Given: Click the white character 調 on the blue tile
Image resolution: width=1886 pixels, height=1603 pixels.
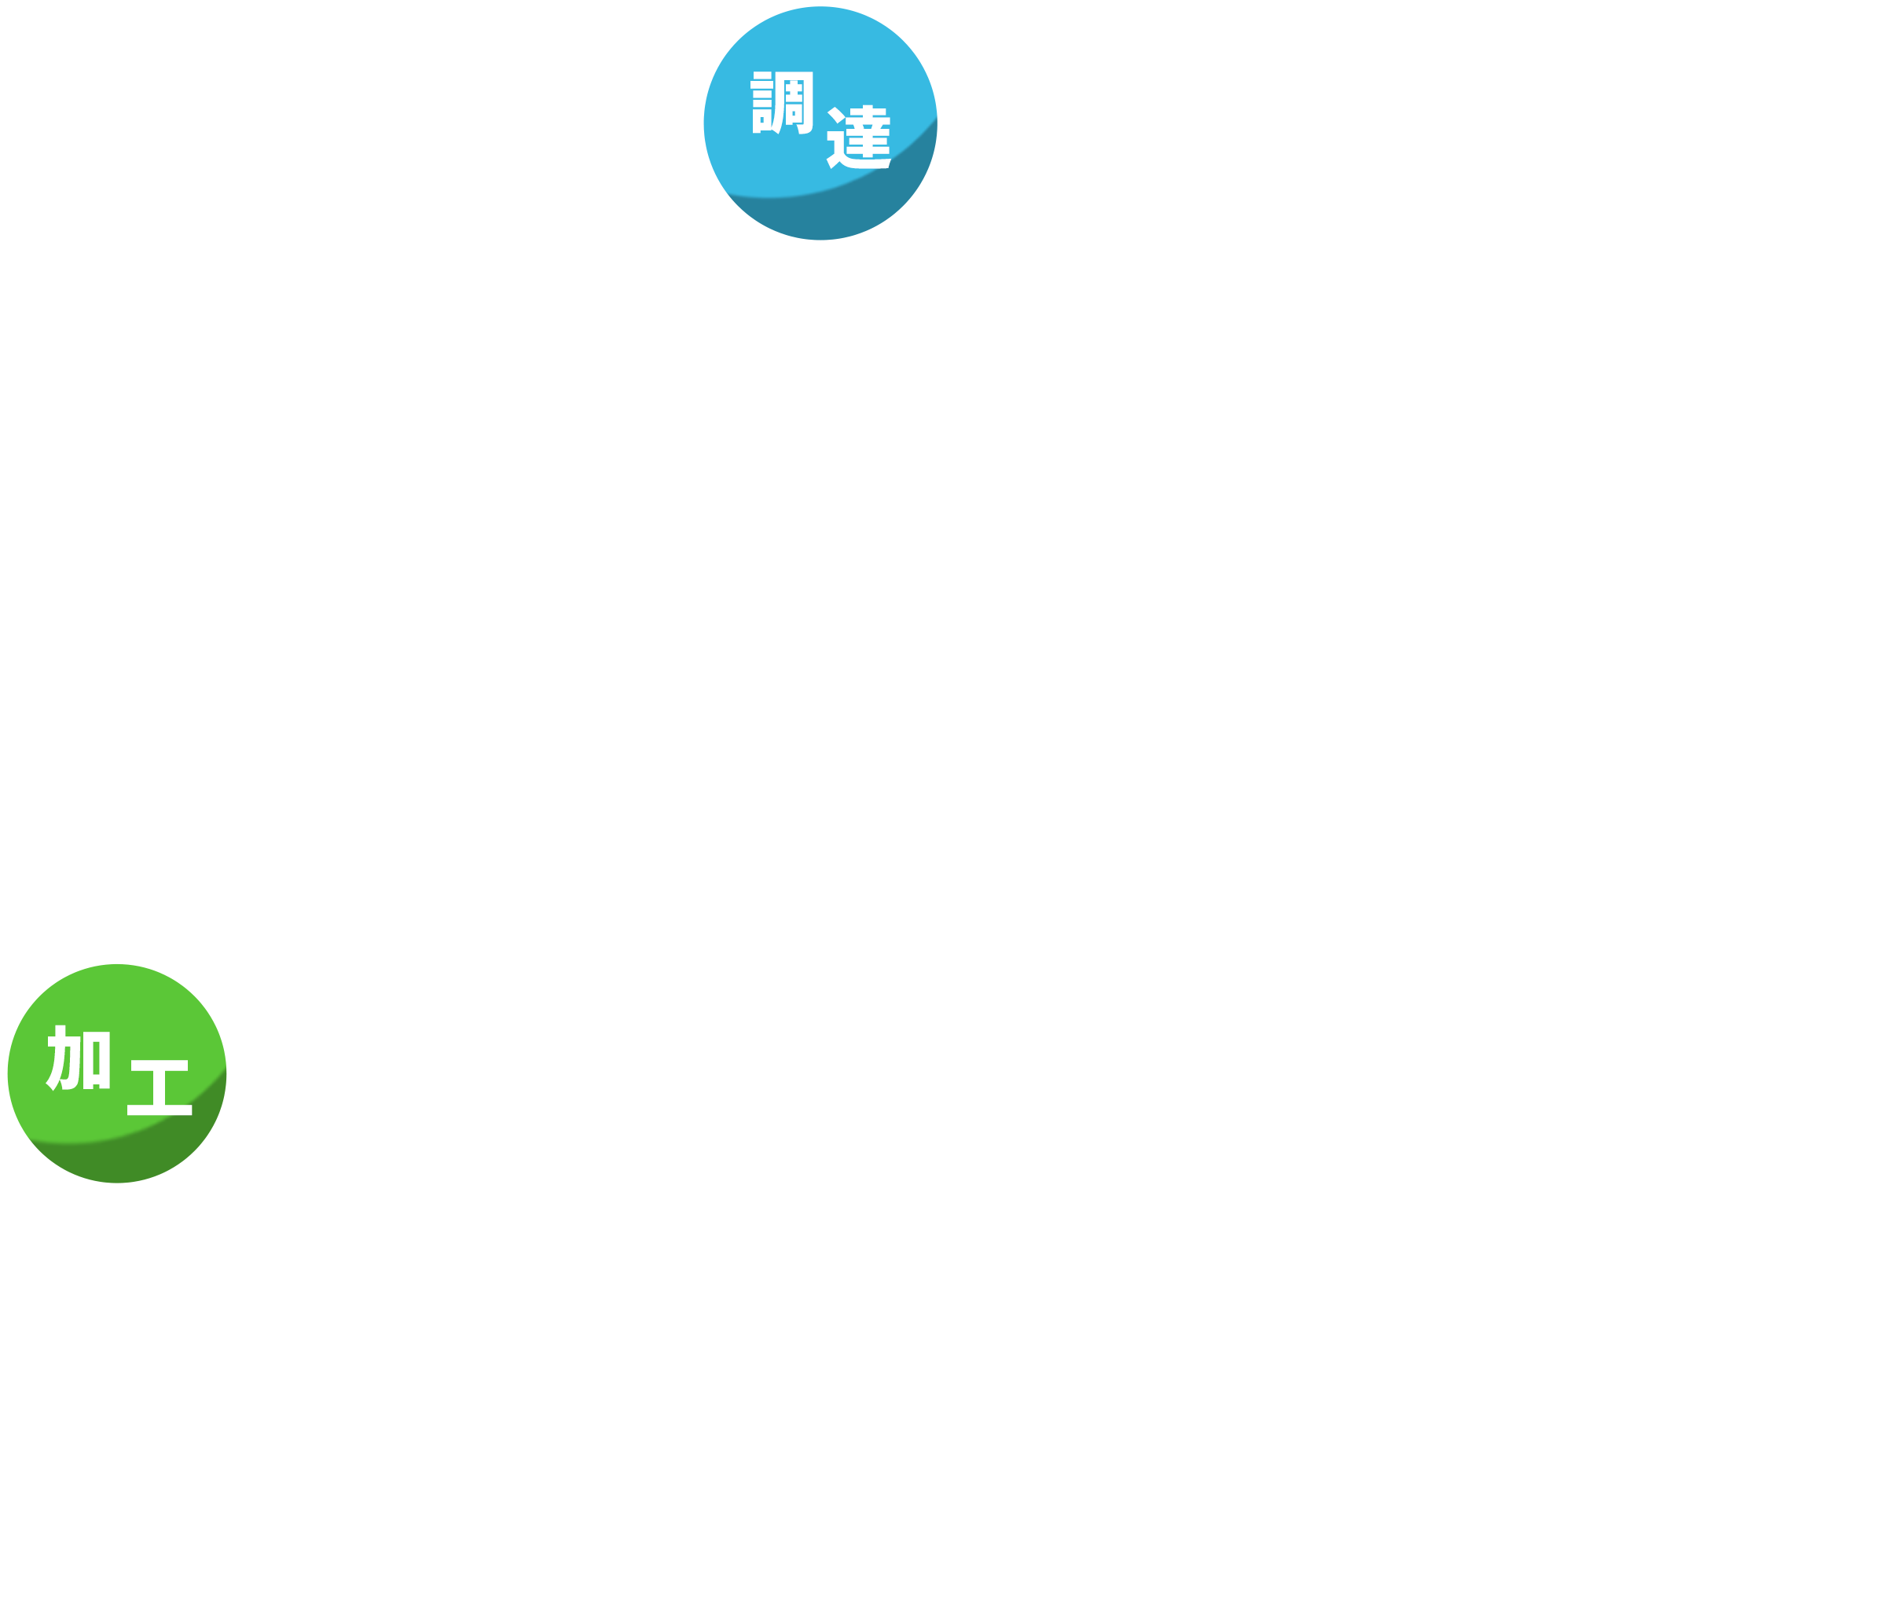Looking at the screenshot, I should (782, 102).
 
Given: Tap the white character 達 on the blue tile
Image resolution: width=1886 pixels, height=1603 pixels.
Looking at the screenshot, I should (859, 138).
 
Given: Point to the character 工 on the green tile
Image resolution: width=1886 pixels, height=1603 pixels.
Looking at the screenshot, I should (159, 1087).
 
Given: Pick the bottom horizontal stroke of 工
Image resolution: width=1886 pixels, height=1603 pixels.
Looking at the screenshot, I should (159, 1110).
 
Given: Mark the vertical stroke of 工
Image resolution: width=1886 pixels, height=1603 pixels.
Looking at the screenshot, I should (159, 1088).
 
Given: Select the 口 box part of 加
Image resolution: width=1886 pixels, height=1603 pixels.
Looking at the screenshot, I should (97, 1059).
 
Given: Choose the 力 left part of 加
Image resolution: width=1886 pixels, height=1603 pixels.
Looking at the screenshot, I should (62, 1058).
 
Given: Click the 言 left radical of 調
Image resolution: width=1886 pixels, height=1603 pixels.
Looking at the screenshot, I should (761, 102).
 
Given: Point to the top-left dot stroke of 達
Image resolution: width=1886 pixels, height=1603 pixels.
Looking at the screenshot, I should (835, 116).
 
